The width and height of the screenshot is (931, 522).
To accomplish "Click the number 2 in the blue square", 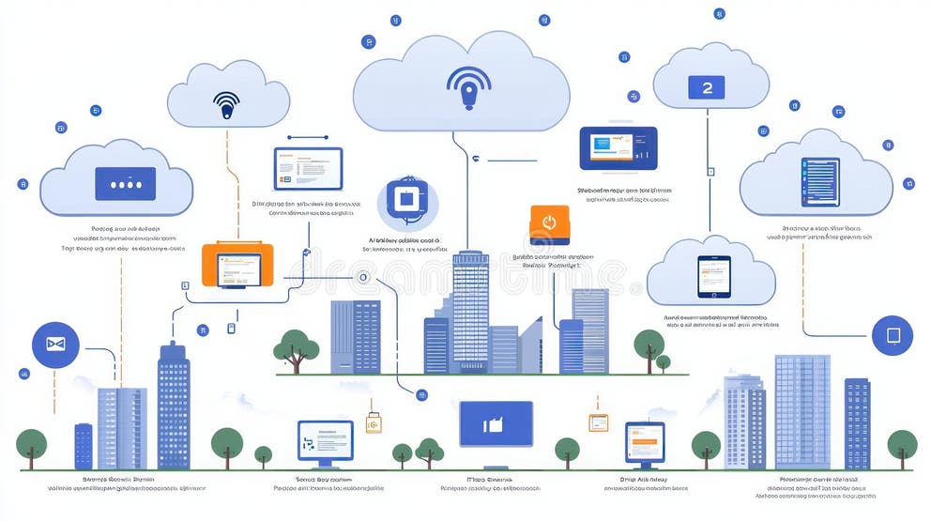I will tap(707, 87).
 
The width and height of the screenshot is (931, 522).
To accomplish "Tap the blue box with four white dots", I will tap(126, 185).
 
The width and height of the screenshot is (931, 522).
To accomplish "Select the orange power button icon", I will tap(550, 224).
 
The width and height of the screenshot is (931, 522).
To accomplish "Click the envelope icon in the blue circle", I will tap(55, 345).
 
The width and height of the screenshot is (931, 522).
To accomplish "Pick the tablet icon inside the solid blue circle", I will tap(892, 335).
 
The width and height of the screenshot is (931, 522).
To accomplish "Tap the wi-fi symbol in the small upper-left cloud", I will tap(226, 103).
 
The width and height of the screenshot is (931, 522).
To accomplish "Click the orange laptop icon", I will tap(237, 266).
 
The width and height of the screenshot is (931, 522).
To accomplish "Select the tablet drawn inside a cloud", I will tap(713, 275).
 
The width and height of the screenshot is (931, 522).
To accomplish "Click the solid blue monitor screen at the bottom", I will tap(496, 424).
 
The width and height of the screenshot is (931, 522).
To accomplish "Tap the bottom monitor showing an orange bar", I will tap(645, 440).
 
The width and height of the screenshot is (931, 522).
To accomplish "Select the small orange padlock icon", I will tap(374, 422).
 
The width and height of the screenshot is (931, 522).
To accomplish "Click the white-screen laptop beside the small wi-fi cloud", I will tap(308, 169).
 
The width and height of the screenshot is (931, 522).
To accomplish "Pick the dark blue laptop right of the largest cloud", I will tap(618, 149).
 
